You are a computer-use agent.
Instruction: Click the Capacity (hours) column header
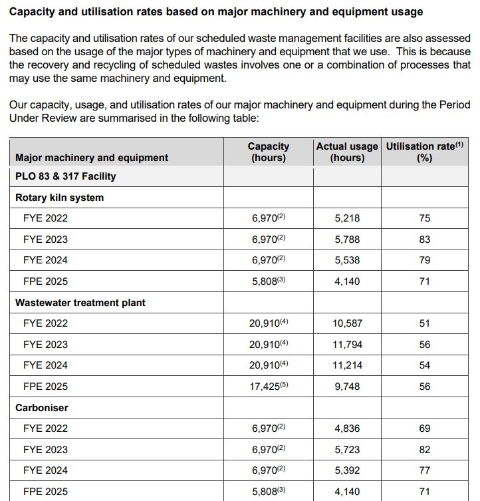[268, 152]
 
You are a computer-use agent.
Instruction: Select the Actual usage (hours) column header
[347, 152]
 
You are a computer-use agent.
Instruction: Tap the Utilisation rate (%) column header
[425, 152]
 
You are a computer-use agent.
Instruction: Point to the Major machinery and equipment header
[92, 158]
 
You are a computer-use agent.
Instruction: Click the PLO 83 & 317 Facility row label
[65, 176]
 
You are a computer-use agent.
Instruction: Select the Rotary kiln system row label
[59, 198]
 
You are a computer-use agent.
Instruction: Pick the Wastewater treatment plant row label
[80, 302]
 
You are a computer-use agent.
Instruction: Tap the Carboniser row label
[42, 407]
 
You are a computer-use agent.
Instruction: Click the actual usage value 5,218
[346, 218]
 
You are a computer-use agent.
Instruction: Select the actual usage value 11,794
[346, 345]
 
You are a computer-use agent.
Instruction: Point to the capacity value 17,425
[266, 387]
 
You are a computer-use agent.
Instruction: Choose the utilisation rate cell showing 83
[425, 240]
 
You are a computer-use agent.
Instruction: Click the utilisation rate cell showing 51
[425, 323]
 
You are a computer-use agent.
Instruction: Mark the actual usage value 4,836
[346, 428]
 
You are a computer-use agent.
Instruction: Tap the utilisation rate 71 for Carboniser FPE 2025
[425, 492]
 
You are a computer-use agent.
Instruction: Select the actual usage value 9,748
[346, 387]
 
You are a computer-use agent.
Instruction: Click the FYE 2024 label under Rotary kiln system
[45, 260]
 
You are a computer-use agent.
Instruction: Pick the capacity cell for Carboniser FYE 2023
[268, 450]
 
